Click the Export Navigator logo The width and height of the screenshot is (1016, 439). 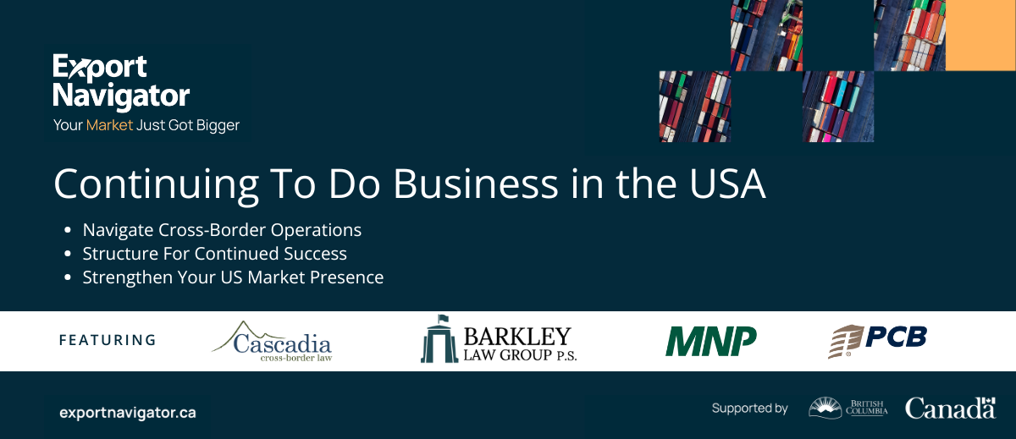pyautogui.click(x=121, y=82)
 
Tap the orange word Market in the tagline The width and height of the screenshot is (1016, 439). pyautogui.click(x=109, y=125)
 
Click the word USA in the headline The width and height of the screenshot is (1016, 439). pyautogui.click(x=727, y=184)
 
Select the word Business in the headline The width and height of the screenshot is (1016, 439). pyautogui.click(x=475, y=184)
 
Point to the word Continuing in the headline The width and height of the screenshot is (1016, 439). pyautogui.click(x=156, y=187)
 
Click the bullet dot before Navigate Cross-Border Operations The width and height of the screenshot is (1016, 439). pyautogui.click(x=68, y=230)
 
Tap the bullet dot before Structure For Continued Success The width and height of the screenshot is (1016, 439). pyautogui.click(x=68, y=254)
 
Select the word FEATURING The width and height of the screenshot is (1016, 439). pyautogui.click(x=108, y=340)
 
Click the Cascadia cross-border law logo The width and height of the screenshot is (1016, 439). pyautogui.click(x=272, y=342)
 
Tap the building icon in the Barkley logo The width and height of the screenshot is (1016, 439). pyautogui.click(x=439, y=339)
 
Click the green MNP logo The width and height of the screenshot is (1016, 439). pyautogui.click(x=710, y=341)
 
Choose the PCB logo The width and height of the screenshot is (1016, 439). pyautogui.click(x=877, y=341)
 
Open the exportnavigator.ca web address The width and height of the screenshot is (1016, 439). pyautogui.click(x=128, y=413)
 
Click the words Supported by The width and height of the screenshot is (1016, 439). pyautogui.click(x=749, y=409)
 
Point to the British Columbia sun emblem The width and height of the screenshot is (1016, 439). pyautogui.click(x=825, y=408)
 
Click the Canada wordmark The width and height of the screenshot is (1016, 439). pyautogui.click(x=950, y=409)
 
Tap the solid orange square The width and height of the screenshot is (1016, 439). pyautogui.click(x=980, y=36)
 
